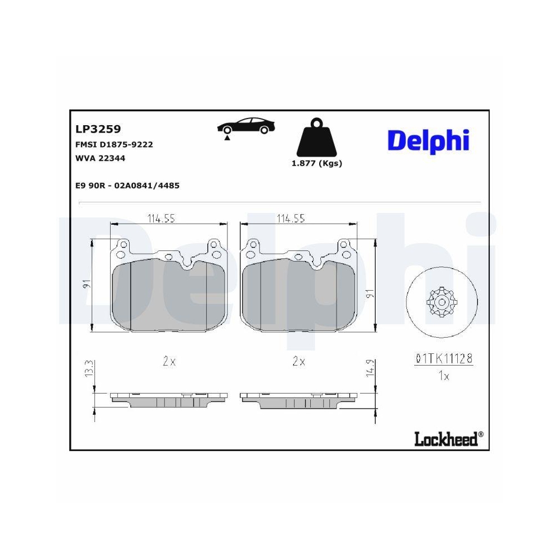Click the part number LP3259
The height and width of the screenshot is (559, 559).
(x=98, y=129)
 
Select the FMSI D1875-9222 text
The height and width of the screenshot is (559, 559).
(x=114, y=144)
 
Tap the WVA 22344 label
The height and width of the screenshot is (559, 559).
(x=100, y=158)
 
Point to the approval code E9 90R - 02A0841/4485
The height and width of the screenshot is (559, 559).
(x=127, y=186)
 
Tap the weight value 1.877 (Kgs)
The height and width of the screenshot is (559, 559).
(x=316, y=163)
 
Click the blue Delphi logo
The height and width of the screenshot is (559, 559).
(x=428, y=140)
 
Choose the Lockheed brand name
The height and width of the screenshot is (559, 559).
(x=446, y=439)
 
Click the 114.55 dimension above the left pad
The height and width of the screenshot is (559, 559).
(x=161, y=219)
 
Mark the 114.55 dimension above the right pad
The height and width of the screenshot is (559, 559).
(x=291, y=219)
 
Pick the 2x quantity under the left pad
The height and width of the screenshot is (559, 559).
(x=169, y=362)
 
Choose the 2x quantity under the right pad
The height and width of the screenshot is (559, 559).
(x=299, y=362)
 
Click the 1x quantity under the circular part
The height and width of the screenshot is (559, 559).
(x=443, y=376)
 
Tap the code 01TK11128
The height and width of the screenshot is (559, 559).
(x=444, y=359)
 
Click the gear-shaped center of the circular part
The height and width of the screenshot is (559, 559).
(x=442, y=302)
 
